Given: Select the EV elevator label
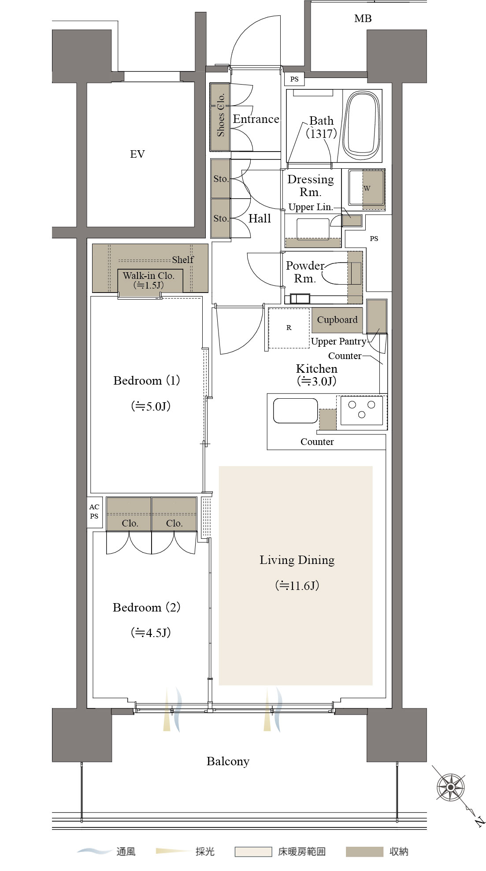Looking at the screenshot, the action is click(x=137, y=154).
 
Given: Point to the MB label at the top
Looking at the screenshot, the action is click(x=363, y=19).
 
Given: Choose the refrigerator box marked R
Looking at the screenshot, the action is click(x=289, y=328).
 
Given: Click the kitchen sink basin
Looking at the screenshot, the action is click(x=295, y=411).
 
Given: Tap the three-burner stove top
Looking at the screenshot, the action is click(x=362, y=410).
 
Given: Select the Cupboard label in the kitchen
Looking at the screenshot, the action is click(x=338, y=320).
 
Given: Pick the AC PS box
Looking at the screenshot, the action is click(x=94, y=512).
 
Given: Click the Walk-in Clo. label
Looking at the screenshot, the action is click(x=148, y=276).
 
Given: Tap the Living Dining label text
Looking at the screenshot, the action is click(x=297, y=560).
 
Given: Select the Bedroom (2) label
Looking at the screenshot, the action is click(x=147, y=608).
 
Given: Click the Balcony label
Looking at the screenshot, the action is click(x=228, y=761).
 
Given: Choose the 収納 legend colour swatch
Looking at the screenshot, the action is click(x=364, y=852).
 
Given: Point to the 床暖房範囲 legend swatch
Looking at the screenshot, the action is click(x=253, y=852).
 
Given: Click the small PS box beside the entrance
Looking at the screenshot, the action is click(x=294, y=79).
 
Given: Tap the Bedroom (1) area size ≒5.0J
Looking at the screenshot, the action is click(x=151, y=406).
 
